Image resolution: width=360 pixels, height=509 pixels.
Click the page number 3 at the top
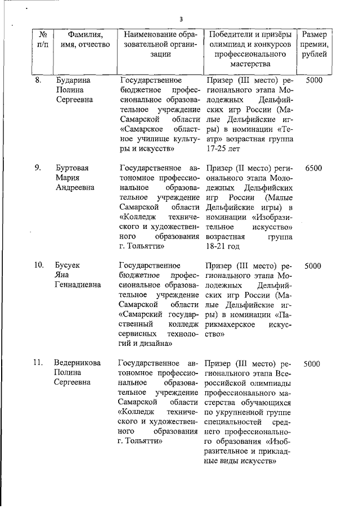[181, 20]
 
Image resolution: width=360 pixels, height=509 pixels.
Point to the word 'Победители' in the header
[231, 34]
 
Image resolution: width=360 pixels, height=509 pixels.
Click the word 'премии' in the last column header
[315, 44]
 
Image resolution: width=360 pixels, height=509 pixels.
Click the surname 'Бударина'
[73, 80]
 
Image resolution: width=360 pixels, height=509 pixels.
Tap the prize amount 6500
[313, 168]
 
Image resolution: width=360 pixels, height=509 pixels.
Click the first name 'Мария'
[66, 178]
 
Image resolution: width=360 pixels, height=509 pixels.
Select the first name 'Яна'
[61, 275]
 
